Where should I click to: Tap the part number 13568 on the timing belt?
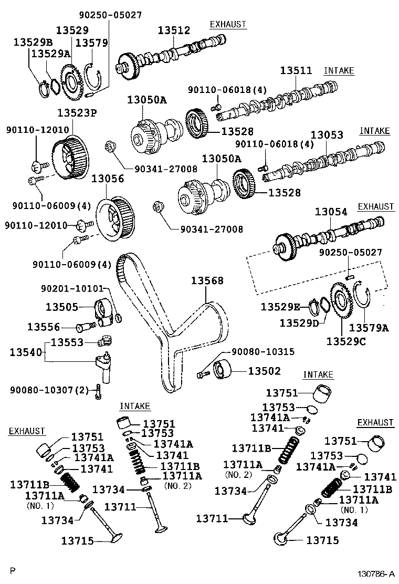pos(207,281)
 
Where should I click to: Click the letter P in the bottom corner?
pos(13,570)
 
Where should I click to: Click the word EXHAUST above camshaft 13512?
pos(228,24)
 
